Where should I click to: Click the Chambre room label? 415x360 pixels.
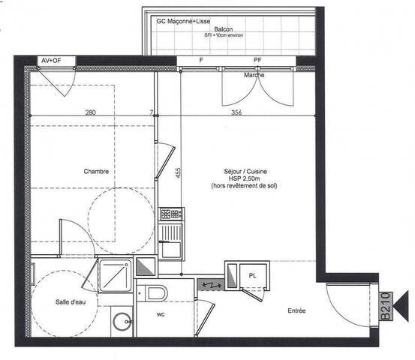[97, 172]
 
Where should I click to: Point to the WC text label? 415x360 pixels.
[161, 315]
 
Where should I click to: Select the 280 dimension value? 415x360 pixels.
[90, 113]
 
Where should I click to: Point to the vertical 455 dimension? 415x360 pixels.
[178, 172]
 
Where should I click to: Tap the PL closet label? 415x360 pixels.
[252, 275]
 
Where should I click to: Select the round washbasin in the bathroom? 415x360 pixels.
[121, 322]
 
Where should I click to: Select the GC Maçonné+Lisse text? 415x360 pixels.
[182, 21]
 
